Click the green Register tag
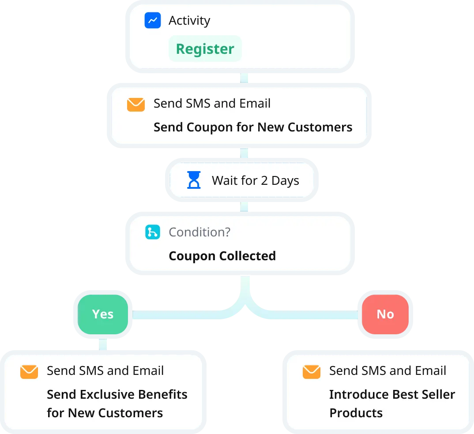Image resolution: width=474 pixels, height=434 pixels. (205, 49)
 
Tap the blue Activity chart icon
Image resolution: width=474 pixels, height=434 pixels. (153, 20)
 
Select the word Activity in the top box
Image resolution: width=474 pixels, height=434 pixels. (189, 20)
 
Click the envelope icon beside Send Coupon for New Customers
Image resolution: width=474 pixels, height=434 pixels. (136, 105)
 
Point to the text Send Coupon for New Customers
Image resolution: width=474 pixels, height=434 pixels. (253, 127)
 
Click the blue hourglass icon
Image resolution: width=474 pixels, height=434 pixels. (194, 180)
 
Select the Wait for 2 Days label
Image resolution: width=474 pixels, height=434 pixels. (255, 180)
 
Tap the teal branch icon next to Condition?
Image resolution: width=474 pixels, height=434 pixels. (153, 232)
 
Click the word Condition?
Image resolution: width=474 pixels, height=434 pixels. (199, 232)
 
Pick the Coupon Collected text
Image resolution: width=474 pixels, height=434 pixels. (222, 256)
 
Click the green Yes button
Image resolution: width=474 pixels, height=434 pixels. (103, 314)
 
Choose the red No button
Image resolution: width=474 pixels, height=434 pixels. (385, 314)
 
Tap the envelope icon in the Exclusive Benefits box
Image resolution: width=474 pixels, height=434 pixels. (29, 371)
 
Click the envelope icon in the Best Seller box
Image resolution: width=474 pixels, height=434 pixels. (312, 371)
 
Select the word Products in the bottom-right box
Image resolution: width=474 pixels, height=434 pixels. (356, 413)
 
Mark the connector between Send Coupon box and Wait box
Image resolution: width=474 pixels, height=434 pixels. (245, 152)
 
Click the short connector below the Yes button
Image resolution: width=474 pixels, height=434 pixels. (103, 344)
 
